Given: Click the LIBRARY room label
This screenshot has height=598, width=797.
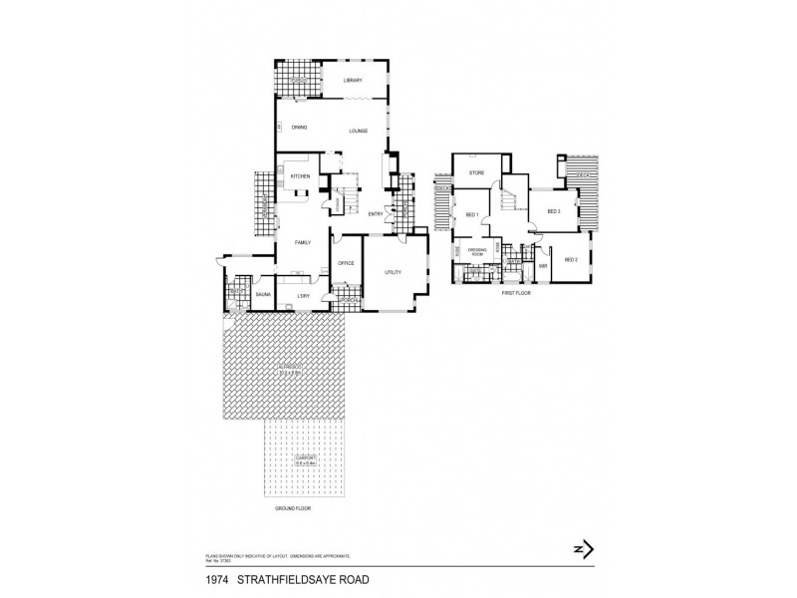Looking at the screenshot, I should click(x=352, y=80).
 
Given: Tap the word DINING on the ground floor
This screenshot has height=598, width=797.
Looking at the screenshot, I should click(x=299, y=128).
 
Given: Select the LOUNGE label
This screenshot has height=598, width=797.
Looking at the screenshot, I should click(x=358, y=131).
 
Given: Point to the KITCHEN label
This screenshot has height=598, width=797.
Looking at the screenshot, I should click(x=301, y=176).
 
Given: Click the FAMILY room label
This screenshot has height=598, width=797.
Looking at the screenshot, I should click(x=303, y=242).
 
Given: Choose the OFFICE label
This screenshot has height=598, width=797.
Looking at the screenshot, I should click(x=347, y=263).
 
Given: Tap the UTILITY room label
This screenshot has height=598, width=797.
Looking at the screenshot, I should click(x=394, y=271).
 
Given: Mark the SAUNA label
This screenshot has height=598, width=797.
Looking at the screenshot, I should click(x=264, y=295).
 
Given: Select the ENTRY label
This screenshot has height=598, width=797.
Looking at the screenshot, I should click(x=376, y=214).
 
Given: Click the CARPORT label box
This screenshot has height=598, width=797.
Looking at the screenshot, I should click(x=304, y=461).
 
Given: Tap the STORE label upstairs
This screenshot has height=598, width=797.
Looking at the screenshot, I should click(x=476, y=172).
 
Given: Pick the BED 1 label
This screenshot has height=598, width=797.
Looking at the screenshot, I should click(x=472, y=215).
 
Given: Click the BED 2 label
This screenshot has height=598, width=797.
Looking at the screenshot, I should click(x=571, y=259).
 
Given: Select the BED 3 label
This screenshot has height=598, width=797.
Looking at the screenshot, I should click(x=553, y=211).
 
